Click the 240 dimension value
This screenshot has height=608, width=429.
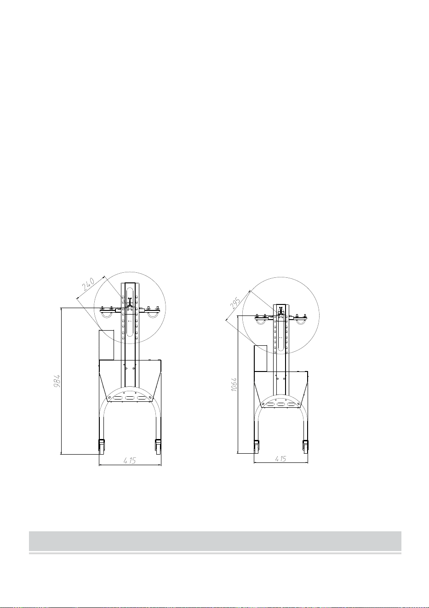point(88,284)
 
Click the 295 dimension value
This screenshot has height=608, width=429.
point(235,304)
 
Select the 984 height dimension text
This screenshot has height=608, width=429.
point(57,381)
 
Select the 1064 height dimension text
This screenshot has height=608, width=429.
point(234,384)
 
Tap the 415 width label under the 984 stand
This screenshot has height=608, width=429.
point(130,460)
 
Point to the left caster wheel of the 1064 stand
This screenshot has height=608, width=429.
point(257,446)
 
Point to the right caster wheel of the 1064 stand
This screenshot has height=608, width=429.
point(305,446)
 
